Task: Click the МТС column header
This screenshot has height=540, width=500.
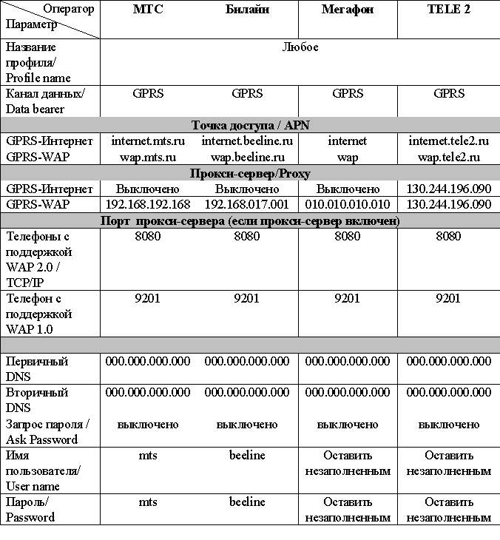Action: (148, 10)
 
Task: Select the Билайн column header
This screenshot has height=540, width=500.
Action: (247, 10)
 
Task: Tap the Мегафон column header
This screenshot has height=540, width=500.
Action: (348, 10)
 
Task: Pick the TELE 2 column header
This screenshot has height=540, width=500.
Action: (449, 10)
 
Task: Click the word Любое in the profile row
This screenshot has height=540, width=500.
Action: (300, 47)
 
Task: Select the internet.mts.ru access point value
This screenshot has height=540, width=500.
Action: (148, 141)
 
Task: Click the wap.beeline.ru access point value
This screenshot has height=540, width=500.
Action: (247, 157)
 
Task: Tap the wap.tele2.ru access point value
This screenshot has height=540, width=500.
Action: (449, 157)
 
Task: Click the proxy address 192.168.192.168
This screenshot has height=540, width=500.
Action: (148, 205)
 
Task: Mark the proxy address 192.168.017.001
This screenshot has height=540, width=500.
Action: (247, 205)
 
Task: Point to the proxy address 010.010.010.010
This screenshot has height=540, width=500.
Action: (348, 205)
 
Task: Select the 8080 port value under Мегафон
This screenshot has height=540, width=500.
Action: (348, 237)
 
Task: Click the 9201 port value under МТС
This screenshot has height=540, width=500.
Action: (148, 298)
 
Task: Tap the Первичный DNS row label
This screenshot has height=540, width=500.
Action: (37, 369)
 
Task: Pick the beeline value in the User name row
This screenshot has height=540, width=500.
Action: (247, 455)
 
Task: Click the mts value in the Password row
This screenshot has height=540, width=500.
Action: (148, 502)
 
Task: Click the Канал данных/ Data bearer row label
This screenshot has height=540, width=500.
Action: (45, 101)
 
